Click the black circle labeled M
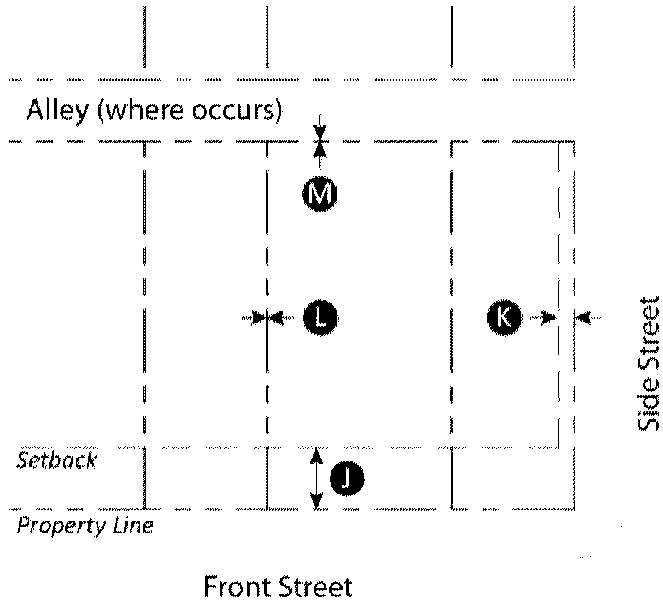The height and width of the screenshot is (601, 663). [320, 195]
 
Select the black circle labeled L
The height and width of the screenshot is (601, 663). [320, 318]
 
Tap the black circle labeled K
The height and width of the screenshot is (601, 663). [504, 317]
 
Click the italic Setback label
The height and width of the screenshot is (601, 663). [57, 459]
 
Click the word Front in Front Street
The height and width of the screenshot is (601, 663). [238, 586]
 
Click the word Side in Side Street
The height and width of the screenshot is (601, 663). [647, 402]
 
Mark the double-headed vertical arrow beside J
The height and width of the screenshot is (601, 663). [317, 478]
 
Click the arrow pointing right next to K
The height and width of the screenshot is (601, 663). [544, 317]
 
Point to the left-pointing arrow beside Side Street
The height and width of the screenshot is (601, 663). [588, 317]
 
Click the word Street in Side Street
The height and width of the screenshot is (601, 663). [647, 333]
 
